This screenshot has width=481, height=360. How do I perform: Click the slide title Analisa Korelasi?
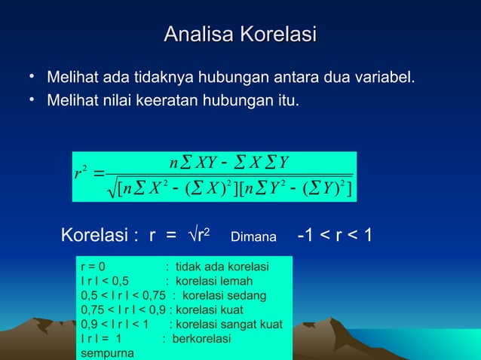click(x=240, y=35)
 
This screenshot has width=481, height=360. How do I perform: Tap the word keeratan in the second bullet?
click(x=173, y=99)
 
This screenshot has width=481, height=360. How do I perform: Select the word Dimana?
click(x=253, y=238)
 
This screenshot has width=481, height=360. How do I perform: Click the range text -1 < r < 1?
click(x=335, y=236)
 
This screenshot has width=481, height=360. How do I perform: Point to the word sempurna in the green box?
click(x=106, y=352)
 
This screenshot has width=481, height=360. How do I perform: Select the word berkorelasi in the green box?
click(x=202, y=338)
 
